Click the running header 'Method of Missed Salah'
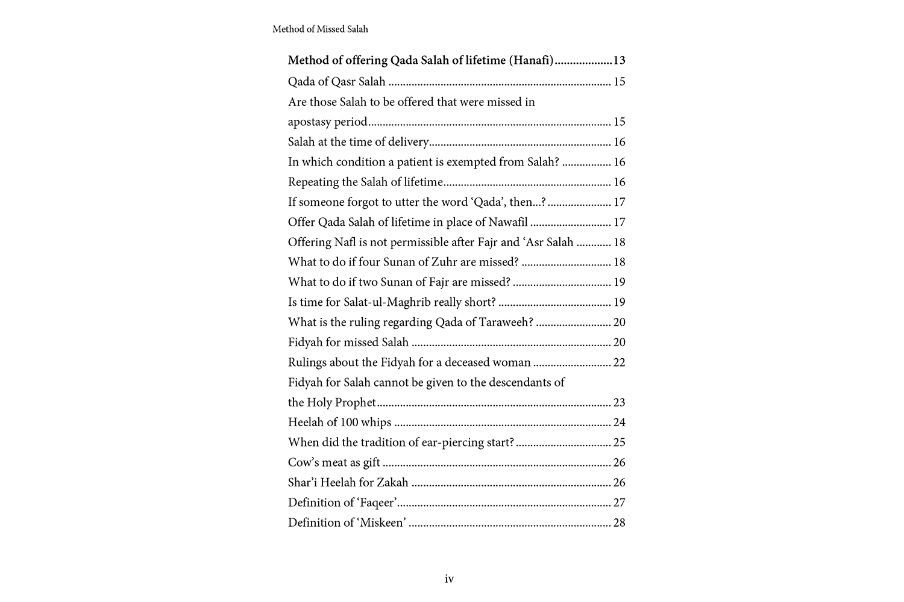tap(320, 29)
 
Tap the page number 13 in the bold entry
tap(619, 60)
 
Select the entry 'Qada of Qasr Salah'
tap(336, 81)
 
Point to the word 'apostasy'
tap(309, 122)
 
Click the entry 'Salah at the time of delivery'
tap(358, 142)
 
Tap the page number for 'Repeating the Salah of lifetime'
tap(619, 182)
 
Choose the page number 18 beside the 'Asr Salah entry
tap(619, 242)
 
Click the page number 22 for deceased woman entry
tap(619, 362)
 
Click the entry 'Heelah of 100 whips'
tap(339, 423)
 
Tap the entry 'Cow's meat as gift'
tap(334, 462)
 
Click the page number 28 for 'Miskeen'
tap(619, 523)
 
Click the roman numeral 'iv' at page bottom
tap(449, 579)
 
